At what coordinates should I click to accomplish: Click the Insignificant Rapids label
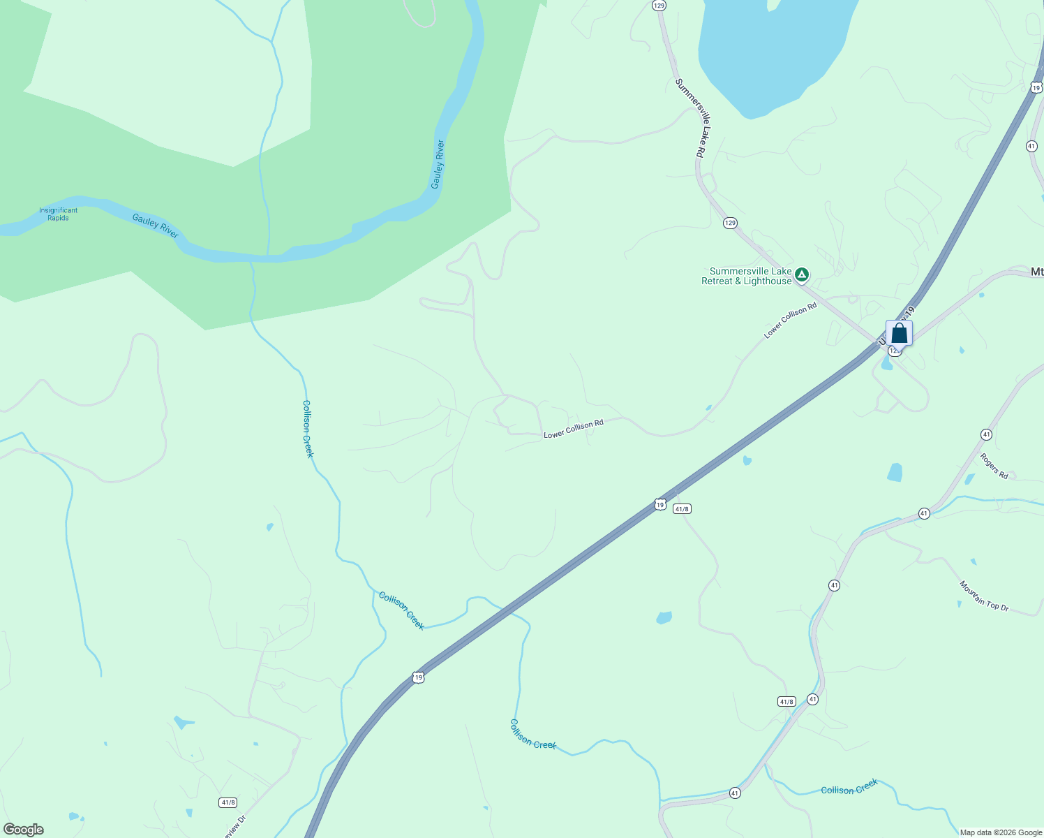(58, 214)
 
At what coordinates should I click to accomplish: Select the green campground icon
(803, 274)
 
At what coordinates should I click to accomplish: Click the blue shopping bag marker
(899, 333)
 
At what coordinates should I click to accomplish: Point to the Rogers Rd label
(994, 466)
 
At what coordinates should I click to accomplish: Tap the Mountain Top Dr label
(983, 596)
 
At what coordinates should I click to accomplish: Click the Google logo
(23, 830)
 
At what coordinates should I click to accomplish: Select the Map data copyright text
(1001, 832)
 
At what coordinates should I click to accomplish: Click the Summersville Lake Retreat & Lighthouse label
(746, 276)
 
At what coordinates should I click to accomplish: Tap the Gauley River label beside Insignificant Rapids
(156, 226)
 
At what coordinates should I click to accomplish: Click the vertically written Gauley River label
(438, 165)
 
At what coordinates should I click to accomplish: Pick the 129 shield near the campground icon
(730, 223)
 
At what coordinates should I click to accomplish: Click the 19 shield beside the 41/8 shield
(660, 504)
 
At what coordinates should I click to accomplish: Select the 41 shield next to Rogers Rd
(986, 434)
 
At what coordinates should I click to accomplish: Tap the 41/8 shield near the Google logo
(228, 802)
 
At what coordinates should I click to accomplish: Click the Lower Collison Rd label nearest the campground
(790, 321)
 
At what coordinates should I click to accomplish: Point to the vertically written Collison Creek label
(308, 429)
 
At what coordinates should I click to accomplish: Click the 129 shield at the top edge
(659, 5)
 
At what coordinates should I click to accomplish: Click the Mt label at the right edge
(1036, 272)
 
